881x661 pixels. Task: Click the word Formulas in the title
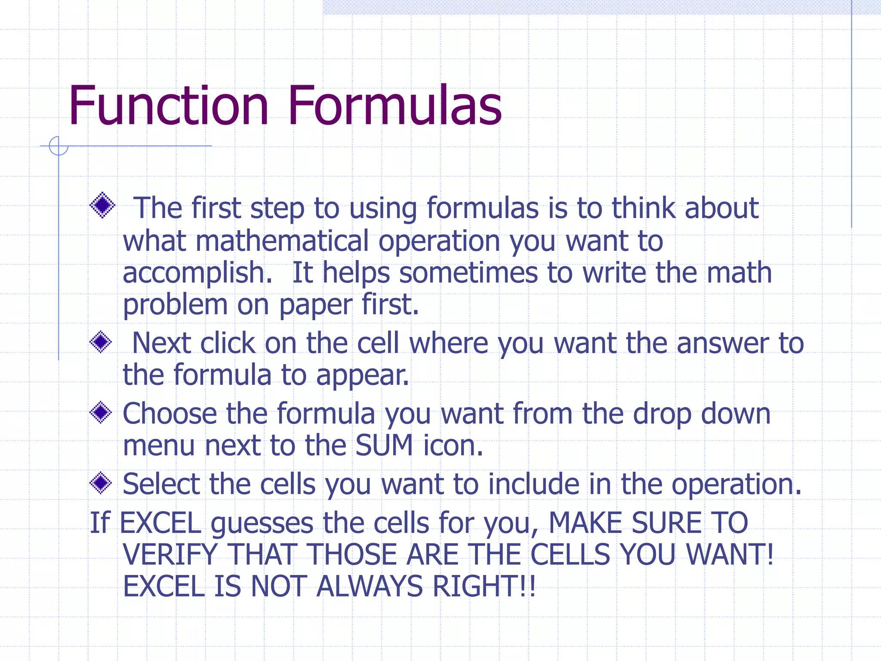[x=394, y=106]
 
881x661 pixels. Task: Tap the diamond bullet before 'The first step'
[x=102, y=205]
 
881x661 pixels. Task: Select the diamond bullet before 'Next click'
[x=101, y=342]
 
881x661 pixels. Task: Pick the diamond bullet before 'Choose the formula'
[x=101, y=412]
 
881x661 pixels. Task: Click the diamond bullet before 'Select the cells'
[x=101, y=483]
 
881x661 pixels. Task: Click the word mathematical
[x=282, y=241]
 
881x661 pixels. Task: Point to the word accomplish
[x=197, y=274]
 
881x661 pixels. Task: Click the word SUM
[x=384, y=445]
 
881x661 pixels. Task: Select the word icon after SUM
[x=453, y=445]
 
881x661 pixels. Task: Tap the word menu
[x=159, y=446]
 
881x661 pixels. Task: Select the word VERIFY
[x=170, y=555]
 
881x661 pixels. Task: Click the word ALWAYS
[x=370, y=586]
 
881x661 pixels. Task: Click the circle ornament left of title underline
[x=59, y=146]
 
